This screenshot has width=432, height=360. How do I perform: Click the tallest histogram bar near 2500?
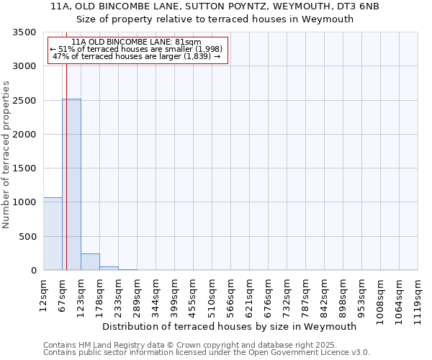(71, 184)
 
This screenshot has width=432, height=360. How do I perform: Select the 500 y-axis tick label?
(27, 237)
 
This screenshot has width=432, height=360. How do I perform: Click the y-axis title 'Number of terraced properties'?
(7, 154)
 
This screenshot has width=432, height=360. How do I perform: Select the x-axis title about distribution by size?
(230, 326)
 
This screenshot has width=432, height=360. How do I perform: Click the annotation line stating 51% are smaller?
(137, 49)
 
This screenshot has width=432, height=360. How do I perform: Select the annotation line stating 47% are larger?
(137, 56)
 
